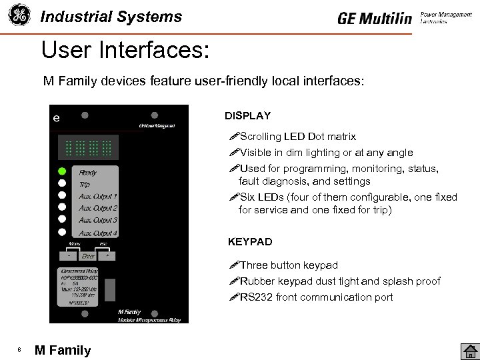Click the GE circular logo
[19, 15]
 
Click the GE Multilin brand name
[375, 18]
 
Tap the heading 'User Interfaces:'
[125, 50]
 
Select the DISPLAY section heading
[247, 115]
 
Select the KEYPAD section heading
[250, 241]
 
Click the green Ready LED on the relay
[63, 171]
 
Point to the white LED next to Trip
[63, 183]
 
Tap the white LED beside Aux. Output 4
[63, 232]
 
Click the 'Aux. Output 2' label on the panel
[98, 208]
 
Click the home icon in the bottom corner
[470, 351]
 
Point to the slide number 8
[21, 350]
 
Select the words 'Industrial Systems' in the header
[111, 17]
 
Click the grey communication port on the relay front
[111, 290]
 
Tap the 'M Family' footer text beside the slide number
[63, 350]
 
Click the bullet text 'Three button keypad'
[289, 265]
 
